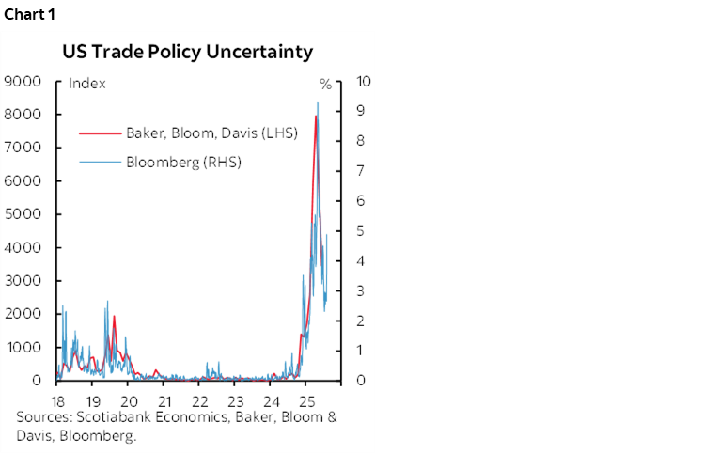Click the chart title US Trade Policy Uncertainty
pyautogui.click(x=187, y=53)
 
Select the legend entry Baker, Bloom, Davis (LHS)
pyautogui.click(x=211, y=133)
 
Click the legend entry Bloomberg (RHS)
pyautogui.click(x=183, y=162)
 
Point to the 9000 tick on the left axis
pyautogui.click(x=23, y=82)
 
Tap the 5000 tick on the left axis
pyautogui.click(x=23, y=214)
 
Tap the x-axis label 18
pyautogui.click(x=57, y=398)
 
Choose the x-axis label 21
pyautogui.click(x=164, y=398)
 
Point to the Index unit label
pyautogui.click(x=87, y=84)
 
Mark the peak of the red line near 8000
pyautogui.click(x=316, y=116)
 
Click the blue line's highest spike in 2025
pyautogui.click(x=318, y=102)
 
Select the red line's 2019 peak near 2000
pyautogui.click(x=114, y=316)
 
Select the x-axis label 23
pyautogui.click(x=235, y=398)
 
